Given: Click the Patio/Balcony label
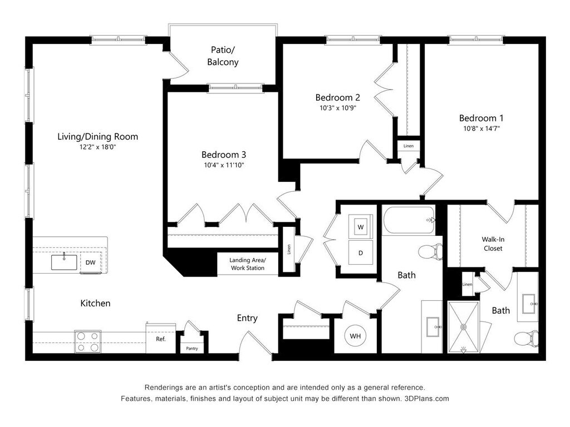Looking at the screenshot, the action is (223, 56).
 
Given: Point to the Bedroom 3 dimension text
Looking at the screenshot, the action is (223, 165).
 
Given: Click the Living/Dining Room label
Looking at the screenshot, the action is (97, 137).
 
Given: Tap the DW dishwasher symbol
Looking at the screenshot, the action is (90, 262).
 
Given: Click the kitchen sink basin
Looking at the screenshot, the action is (64, 262).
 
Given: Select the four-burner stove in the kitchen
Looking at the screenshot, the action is (88, 341).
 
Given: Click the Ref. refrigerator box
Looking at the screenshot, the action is (160, 339).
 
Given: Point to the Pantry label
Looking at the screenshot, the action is (192, 349).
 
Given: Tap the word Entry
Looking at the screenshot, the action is (247, 318).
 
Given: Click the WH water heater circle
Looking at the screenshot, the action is (355, 336).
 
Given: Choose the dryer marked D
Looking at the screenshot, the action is (361, 253).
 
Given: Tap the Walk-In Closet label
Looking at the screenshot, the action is (493, 244).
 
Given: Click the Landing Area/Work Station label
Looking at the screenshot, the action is (248, 264).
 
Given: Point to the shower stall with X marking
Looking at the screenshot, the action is (463, 326).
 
